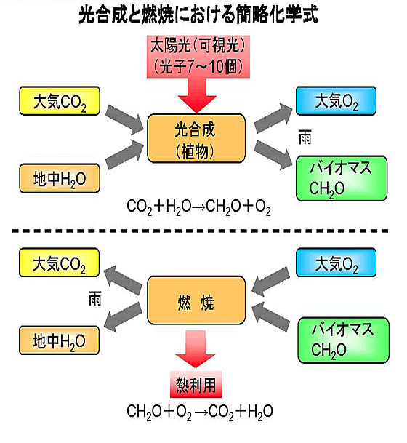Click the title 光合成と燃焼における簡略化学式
pyautogui.click(x=198, y=14)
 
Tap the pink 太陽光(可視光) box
pyautogui.click(x=198, y=57)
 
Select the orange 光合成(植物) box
pyautogui.click(x=196, y=138)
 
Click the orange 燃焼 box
pyautogui.click(x=196, y=300)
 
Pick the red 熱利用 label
pyautogui.click(x=196, y=385)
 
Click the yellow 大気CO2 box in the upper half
pyautogui.click(x=60, y=101)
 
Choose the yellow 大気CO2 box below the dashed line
pyautogui.click(x=59, y=263)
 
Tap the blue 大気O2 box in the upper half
pyautogui.click(x=336, y=101)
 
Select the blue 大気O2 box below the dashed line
pyautogui.click(x=336, y=263)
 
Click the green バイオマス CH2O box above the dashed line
pyautogui.click(x=342, y=178)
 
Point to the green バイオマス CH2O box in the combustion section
pyautogui.click(x=344, y=340)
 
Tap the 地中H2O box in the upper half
pyautogui.click(x=60, y=178)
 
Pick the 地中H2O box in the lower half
pyautogui.click(x=59, y=340)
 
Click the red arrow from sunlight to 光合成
pyautogui.click(x=197, y=95)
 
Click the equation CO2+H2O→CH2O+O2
pyautogui.click(x=198, y=207)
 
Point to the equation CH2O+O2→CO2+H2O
pyautogui.click(x=200, y=412)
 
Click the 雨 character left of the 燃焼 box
pyautogui.click(x=94, y=299)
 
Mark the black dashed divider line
pyautogui.click(x=200, y=231)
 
